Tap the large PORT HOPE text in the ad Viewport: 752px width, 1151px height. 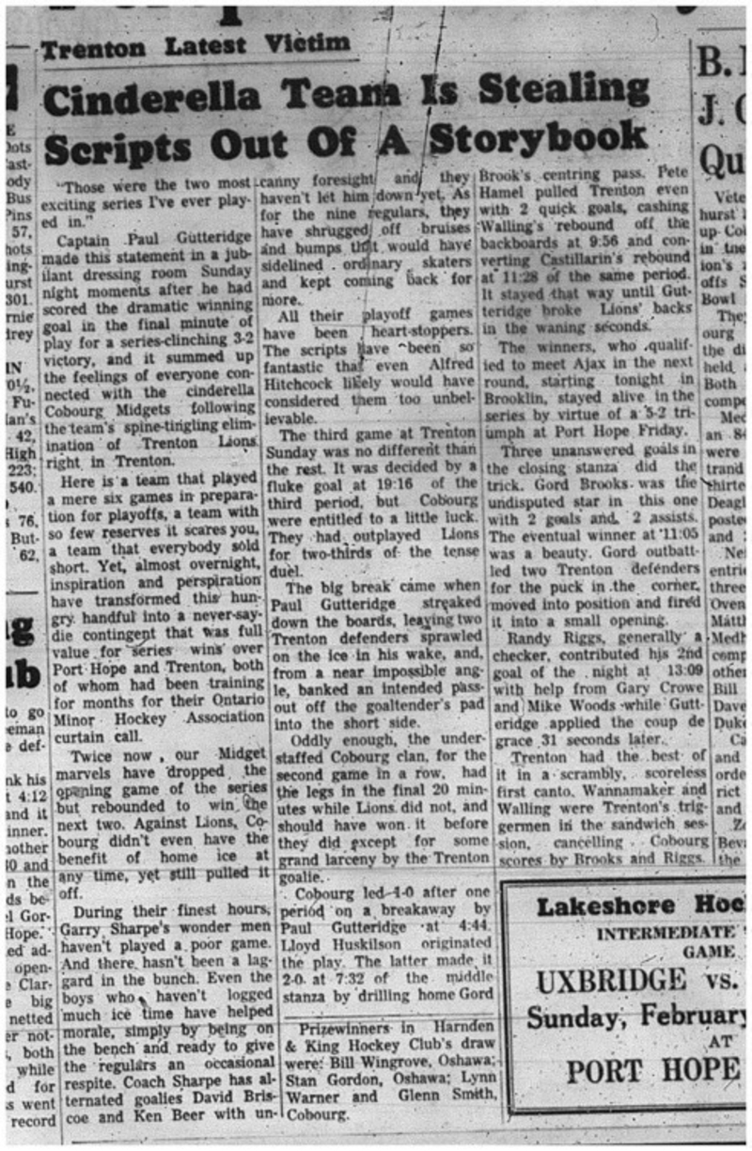(652, 1069)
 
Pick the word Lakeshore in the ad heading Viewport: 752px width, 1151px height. (606, 907)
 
